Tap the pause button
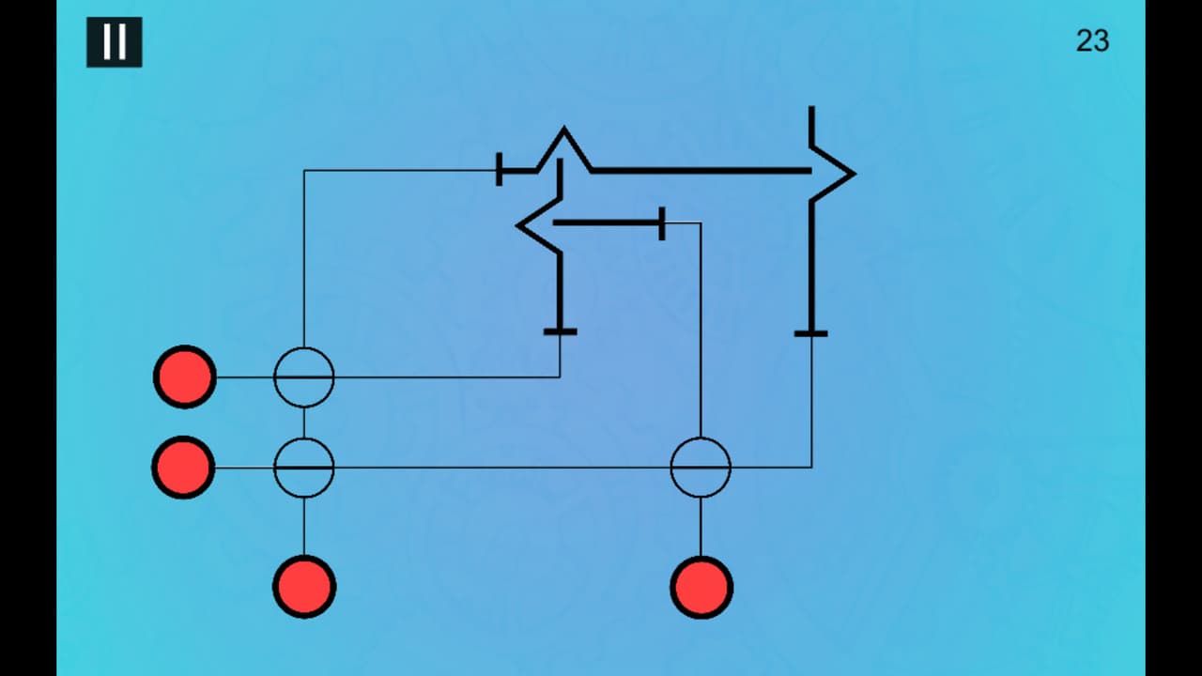(x=115, y=42)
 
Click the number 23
(x=1092, y=40)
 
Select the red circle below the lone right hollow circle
(x=701, y=588)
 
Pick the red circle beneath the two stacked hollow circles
(x=304, y=587)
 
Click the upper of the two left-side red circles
(x=185, y=377)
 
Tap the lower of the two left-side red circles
(x=183, y=468)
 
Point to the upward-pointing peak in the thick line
(x=564, y=129)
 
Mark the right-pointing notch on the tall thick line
(x=854, y=174)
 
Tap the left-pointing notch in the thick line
(x=517, y=225)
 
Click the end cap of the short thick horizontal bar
(x=662, y=223)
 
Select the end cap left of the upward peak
(x=499, y=170)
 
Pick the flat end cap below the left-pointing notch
(x=561, y=331)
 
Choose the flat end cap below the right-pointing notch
(x=810, y=333)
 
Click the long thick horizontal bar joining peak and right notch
(x=701, y=171)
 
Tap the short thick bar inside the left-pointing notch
(x=607, y=223)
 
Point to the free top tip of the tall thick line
(x=811, y=107)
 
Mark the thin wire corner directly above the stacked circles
(x=304, y=171)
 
